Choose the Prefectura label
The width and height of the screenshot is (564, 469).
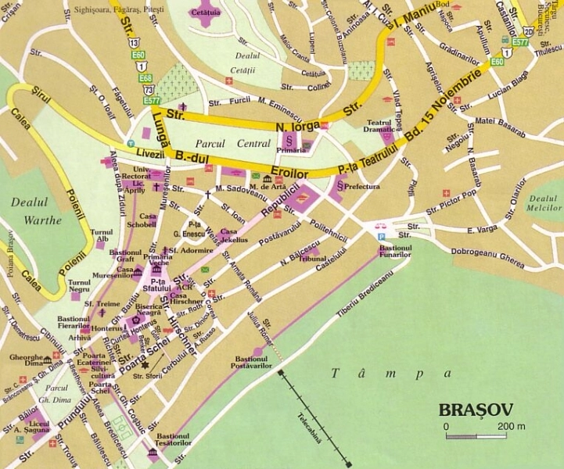click(x=362, y=187)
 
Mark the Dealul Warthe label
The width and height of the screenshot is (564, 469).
click(x=37, y=211)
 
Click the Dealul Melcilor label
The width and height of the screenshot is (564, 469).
click(x=544, y=205)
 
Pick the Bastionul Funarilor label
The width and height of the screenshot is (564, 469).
click(x=395, y=250)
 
